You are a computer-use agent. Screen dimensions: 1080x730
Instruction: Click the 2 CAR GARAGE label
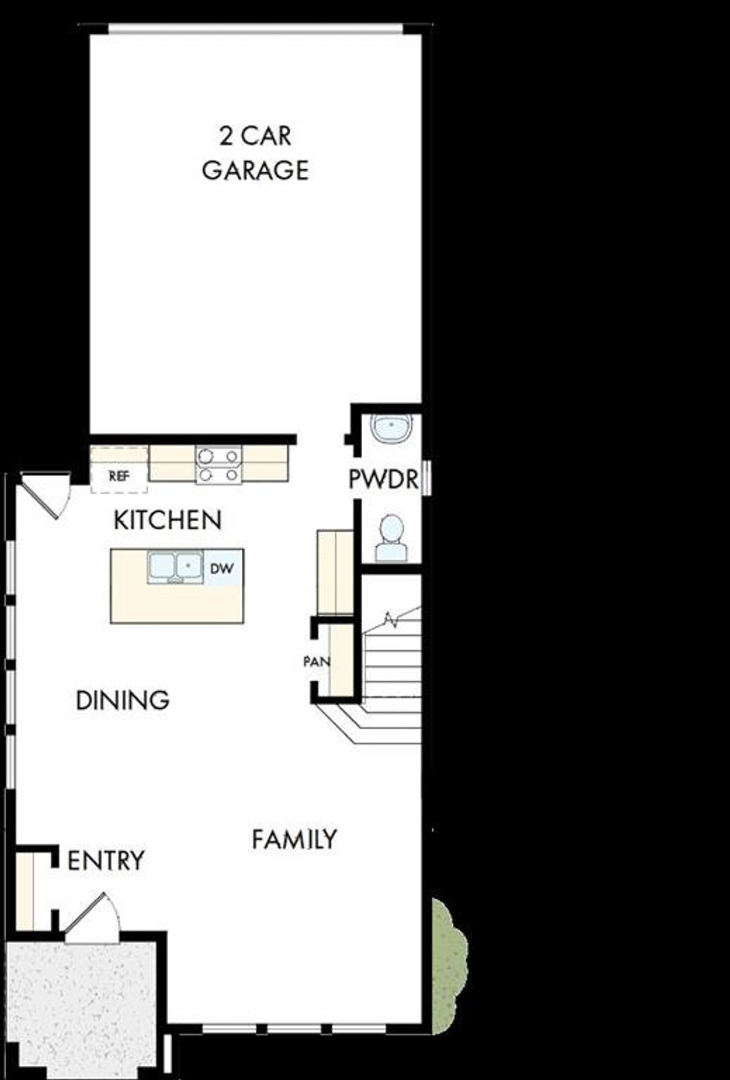click(255, 153)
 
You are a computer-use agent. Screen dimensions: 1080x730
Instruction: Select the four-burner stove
click(218, 465)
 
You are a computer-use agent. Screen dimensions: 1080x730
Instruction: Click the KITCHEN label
click(167, 520)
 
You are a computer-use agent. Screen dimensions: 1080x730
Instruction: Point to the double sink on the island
click(175, 567)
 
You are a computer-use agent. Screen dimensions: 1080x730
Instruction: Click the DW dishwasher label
click(221, 569)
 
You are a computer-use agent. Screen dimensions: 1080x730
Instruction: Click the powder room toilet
click(391, 537)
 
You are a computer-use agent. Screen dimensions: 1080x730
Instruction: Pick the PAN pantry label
click(316, 662)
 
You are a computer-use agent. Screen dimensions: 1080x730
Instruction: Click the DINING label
click(123, 700)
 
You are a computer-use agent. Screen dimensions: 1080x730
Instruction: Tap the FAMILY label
click(294, 839)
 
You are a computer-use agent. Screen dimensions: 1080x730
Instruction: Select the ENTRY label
click(106, 860)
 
